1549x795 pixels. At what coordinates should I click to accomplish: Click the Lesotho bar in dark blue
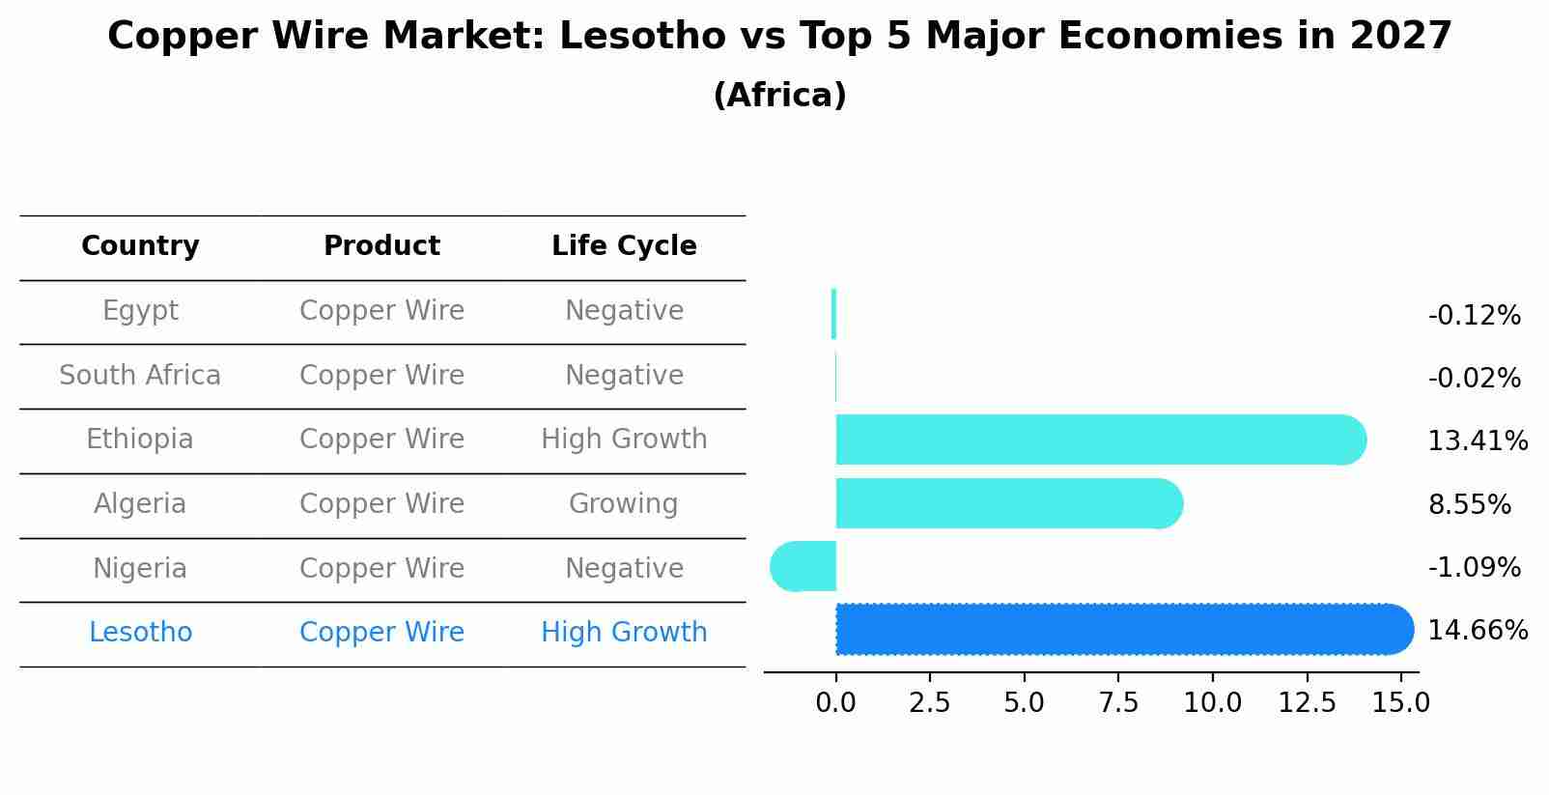coord(1120,630)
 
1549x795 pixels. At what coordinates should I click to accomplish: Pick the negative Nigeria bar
coord(803,567)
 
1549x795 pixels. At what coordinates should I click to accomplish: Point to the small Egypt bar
coord(833,314)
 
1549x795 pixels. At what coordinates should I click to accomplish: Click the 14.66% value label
coord(1477,631)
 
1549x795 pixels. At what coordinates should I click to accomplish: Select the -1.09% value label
coord(1474,568)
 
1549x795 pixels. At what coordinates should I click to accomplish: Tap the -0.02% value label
coord(1474,379)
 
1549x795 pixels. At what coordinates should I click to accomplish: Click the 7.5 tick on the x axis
coord(1118,703)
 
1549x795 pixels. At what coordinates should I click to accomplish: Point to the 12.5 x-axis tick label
coord(1307,703)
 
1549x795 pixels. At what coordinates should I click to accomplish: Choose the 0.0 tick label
coord(835,703)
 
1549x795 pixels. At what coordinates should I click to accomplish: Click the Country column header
coord(140,246)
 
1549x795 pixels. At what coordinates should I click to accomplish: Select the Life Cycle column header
coord(624,246)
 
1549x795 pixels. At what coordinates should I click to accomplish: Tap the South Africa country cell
coord(140,376)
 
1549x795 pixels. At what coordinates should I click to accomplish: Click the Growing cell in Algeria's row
coord(624,504)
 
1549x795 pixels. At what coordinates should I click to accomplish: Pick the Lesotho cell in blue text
coord(140,633)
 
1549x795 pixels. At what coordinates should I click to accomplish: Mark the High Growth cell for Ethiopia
coord(624,440)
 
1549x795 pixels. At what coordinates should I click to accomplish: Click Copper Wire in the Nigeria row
coord(381,569)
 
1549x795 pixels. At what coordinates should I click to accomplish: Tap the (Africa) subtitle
coord(779,96)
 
